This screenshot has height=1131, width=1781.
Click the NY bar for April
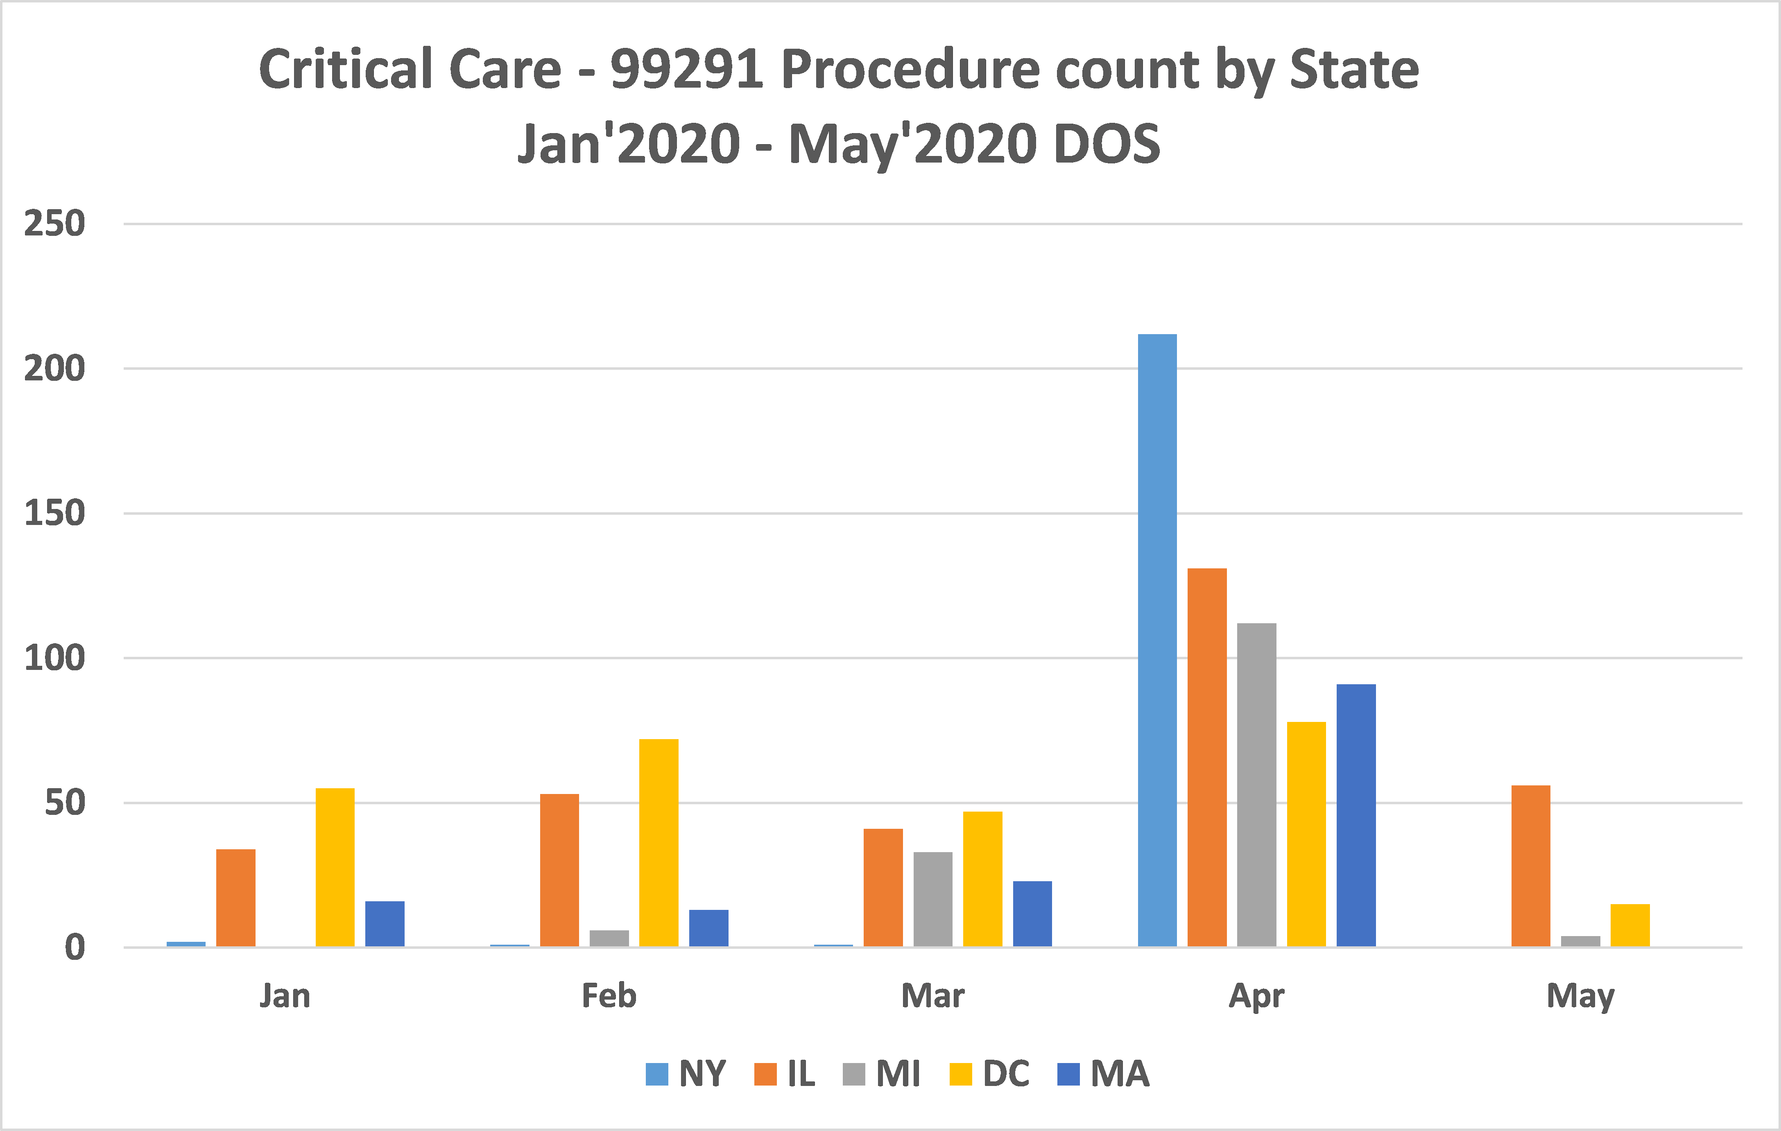[x=1157, y=640]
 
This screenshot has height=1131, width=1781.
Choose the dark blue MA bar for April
[x=1356, y=815]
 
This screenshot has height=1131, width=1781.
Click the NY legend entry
[x=686, y=1073]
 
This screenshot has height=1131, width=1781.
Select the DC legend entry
[x=990, y=1073]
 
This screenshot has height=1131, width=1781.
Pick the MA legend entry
[x=1104, y=1073]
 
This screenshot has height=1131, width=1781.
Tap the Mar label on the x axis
[x=932, y=995]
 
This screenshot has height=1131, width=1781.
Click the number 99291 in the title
[x=686, y=70]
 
